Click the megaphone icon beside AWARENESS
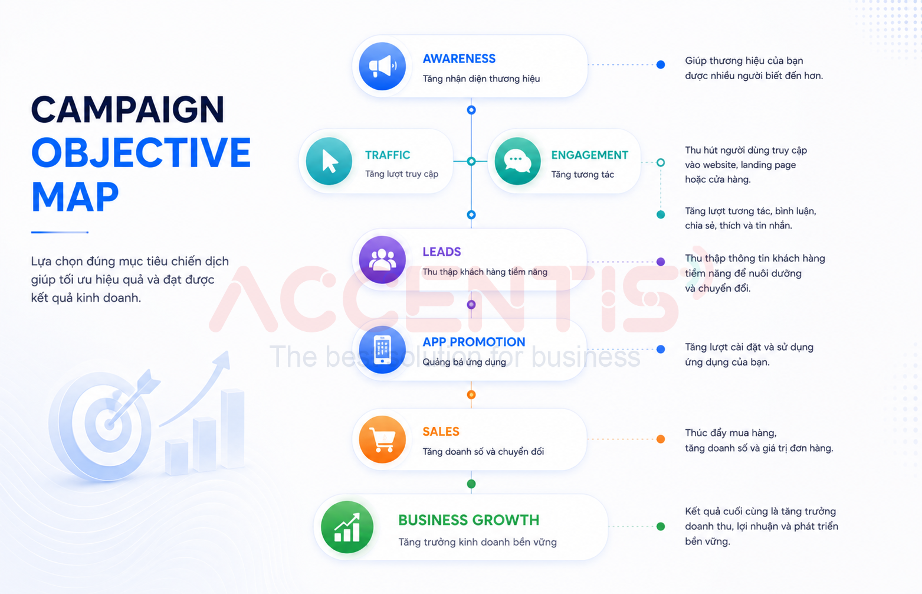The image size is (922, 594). click(x=382, y=66)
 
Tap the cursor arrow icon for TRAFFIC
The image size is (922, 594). click(x=329, y=161)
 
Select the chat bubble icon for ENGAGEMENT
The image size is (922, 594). click(x=517, y=161)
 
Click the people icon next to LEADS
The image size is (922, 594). click(x=382, y=260)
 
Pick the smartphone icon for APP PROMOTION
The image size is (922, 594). click(x=382, y=350)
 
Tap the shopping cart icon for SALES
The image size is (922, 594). click(x=382, y=439)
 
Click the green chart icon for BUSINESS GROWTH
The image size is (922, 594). click(x=347, y=527)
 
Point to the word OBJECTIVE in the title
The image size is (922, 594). click(x=141, y=153)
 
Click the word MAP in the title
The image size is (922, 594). click(x=75, y=197)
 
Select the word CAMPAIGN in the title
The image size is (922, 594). click(x=127, y=110)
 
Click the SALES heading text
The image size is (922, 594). click(x=441, y=431)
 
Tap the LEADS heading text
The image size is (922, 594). click(x=442, y=252)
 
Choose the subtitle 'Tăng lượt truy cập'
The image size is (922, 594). click(x=402, y=174)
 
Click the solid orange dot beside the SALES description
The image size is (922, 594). click(x=661, y=439)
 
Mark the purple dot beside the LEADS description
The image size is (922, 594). click(x=661, y=262)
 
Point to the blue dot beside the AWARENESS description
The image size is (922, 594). click(x=661, y=64)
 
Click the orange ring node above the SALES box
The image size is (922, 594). click(x=471, y=394)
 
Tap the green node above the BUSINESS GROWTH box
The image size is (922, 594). click(x=471, y=484)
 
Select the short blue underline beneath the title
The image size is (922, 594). click(x=60, y=232)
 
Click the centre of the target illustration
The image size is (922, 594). click(x=109, y=424)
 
